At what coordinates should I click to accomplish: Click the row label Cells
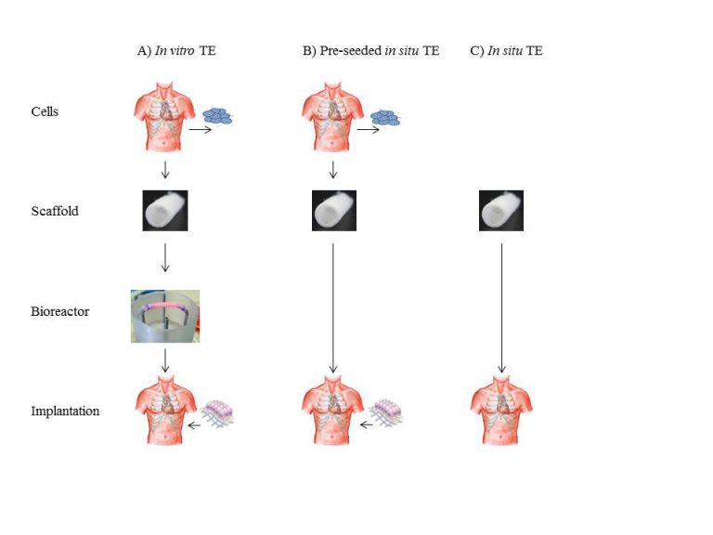coord(45,111)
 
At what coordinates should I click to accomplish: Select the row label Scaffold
coord(55,211)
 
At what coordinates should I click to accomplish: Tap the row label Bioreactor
coord(59,311)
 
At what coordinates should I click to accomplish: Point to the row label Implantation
coord(65,411)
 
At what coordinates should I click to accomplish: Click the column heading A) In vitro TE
coord(176,50)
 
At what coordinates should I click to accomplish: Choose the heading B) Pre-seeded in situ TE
coord(371,50)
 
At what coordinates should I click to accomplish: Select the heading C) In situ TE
coord(506,50)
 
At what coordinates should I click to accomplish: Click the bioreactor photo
coord(165,316)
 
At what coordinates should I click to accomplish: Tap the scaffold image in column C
coord(501,211)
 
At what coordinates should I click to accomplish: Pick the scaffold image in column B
coord(334,211)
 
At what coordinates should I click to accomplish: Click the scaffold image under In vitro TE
coord(165,211)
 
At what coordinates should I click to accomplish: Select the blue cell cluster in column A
coord(217,115)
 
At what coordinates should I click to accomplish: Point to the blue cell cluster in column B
coord(385,118)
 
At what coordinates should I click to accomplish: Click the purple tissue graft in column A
coord(217,413)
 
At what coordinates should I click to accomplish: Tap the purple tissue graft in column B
coord(385,413)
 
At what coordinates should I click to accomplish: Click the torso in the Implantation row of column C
coord(501,410)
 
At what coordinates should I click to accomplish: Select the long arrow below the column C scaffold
coord(502,308)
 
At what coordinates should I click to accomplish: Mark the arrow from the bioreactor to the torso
coord(165,360)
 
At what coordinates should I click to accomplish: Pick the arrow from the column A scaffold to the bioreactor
coord(165,257)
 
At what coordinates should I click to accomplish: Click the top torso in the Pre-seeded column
coord(333,116)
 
